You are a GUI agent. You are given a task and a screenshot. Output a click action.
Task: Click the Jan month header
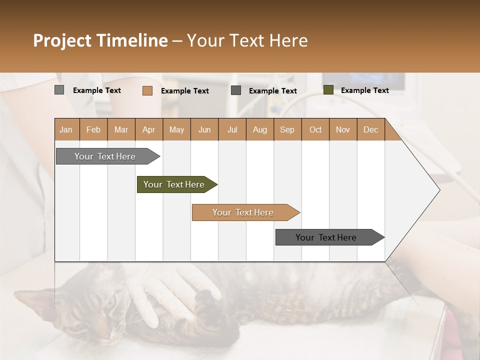click(66, 129)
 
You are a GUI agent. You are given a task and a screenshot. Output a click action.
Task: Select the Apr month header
click(148, 129)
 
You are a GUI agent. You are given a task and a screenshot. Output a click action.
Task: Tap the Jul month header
click(232, 129)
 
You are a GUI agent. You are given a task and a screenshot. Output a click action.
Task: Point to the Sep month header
click(287, 129)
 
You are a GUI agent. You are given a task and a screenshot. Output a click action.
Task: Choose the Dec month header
click(370, 129)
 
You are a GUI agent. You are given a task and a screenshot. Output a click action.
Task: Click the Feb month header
click(93, 129)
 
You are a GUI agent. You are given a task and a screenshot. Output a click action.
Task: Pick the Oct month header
click(315, 129)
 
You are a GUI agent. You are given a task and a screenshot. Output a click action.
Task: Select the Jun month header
click(204, 129)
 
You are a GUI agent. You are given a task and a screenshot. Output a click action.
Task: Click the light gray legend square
click(59, 90)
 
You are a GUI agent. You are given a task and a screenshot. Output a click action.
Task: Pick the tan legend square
click(147, 90)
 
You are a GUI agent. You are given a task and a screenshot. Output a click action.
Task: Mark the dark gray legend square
click(236, 90)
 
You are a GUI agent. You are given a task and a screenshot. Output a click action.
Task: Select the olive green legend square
click(328, 90)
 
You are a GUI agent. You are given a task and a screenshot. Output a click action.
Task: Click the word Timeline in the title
click(131, 40)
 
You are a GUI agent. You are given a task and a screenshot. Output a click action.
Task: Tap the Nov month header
click(343, 129)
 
